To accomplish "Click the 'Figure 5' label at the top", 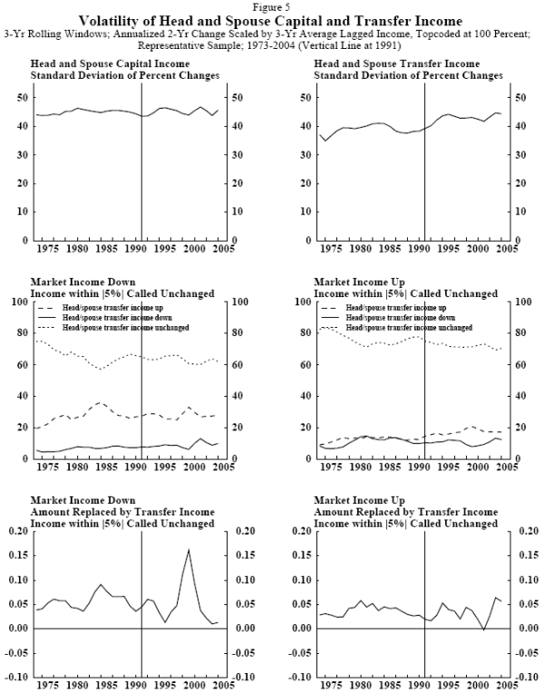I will pyautogui.click(x=270, y=7).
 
